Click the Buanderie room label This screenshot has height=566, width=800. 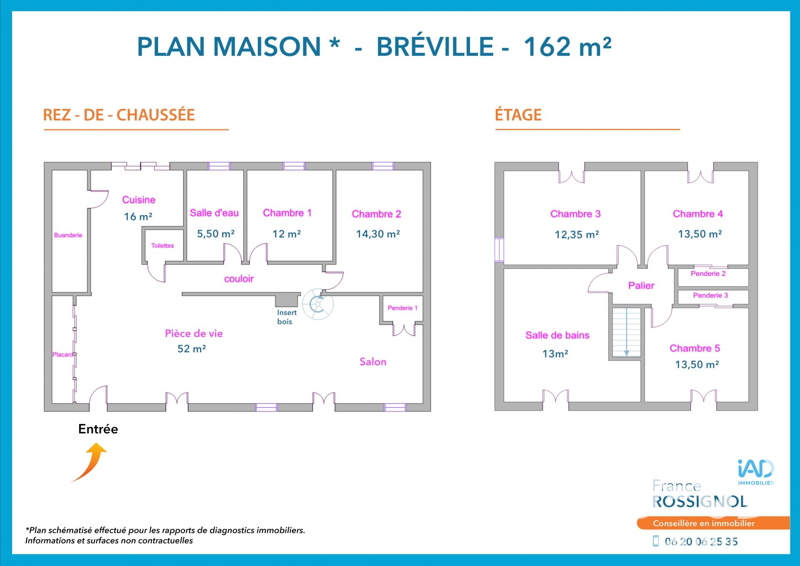(68, 235)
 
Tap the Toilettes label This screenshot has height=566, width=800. (162, 246)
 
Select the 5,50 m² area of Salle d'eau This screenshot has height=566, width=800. (216, 234)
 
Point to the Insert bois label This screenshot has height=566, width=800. (287, 317)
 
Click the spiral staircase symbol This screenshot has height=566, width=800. (318, 304)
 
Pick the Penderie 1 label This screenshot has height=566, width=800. (402, 308)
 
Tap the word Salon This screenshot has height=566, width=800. (373, 362)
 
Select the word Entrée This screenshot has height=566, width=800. (98, 429)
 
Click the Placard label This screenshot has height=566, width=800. (62, 355)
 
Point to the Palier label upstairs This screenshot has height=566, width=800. (641, 286)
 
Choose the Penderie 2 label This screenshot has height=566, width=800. (708, 274)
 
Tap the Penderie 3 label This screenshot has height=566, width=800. (710, 295)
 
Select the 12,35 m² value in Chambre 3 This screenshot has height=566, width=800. (577, 234)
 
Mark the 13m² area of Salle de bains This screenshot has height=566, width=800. (555, 354)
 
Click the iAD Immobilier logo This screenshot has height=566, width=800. (756, 472)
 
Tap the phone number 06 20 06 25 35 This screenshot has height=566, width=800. (701, 541)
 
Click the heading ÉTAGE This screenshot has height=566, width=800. (518, 115)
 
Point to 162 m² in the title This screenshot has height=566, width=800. (567, 46)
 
